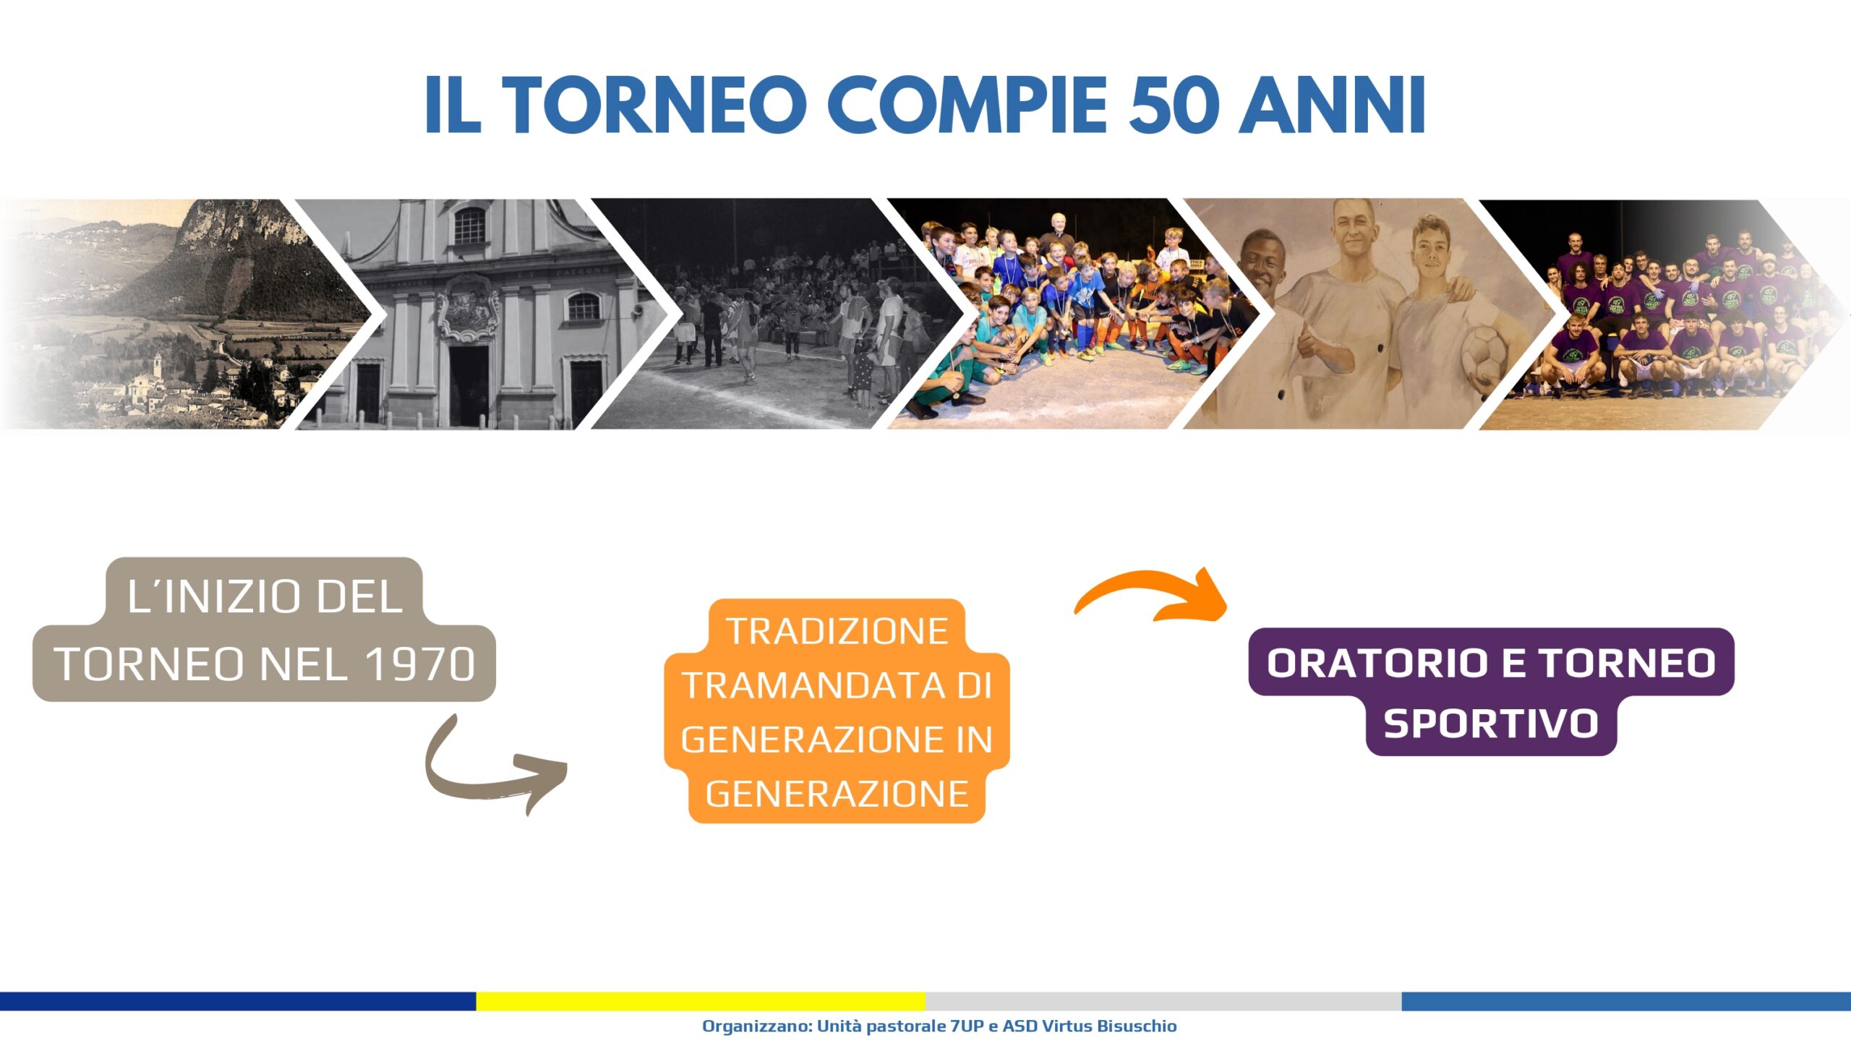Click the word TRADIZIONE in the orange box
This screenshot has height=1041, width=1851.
(837, 631)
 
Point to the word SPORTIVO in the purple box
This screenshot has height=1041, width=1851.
(1491, 724)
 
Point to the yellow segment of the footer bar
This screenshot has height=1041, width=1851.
(701, 1001)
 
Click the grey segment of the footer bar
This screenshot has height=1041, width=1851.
(1163, 1001)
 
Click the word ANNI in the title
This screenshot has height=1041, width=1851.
(1333, 105)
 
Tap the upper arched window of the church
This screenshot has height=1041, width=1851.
(470, 226)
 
